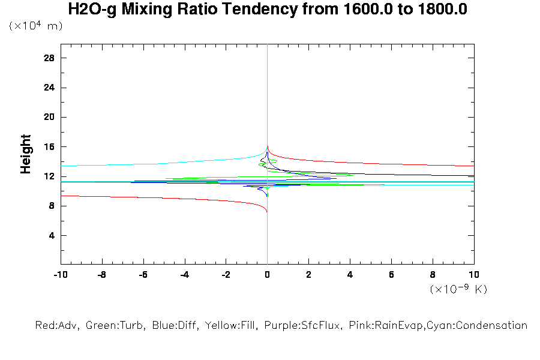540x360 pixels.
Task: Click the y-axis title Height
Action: pos(26,155)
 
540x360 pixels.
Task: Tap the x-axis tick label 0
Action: pos(267,275)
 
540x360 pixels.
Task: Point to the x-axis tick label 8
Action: pos(433,275)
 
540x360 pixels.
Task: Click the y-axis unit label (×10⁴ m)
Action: pos(35,26)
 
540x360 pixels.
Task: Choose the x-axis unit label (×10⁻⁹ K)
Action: pos(458,289)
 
